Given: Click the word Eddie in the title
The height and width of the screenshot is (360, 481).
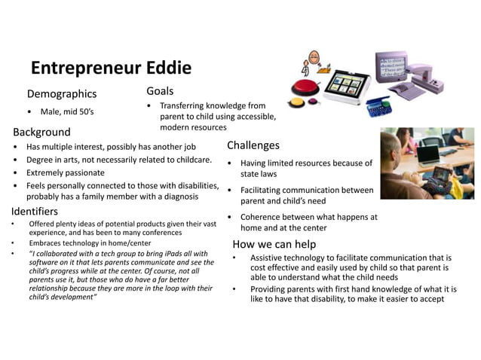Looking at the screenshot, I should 164,69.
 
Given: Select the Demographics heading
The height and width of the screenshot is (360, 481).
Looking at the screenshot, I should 62,94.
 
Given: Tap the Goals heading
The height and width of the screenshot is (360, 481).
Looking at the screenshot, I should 160,91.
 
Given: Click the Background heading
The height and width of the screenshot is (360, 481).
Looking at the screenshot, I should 42,131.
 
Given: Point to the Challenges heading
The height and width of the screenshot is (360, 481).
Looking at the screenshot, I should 253,145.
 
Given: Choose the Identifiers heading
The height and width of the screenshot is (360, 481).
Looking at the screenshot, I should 35,210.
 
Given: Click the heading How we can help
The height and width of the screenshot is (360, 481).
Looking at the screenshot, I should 274,244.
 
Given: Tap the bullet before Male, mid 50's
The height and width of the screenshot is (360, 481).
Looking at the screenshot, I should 29,112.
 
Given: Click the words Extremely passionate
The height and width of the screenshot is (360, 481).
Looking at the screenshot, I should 65,172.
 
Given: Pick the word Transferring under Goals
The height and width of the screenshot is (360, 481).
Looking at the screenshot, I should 186,106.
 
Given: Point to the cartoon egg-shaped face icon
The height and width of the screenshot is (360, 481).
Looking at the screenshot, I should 311,57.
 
